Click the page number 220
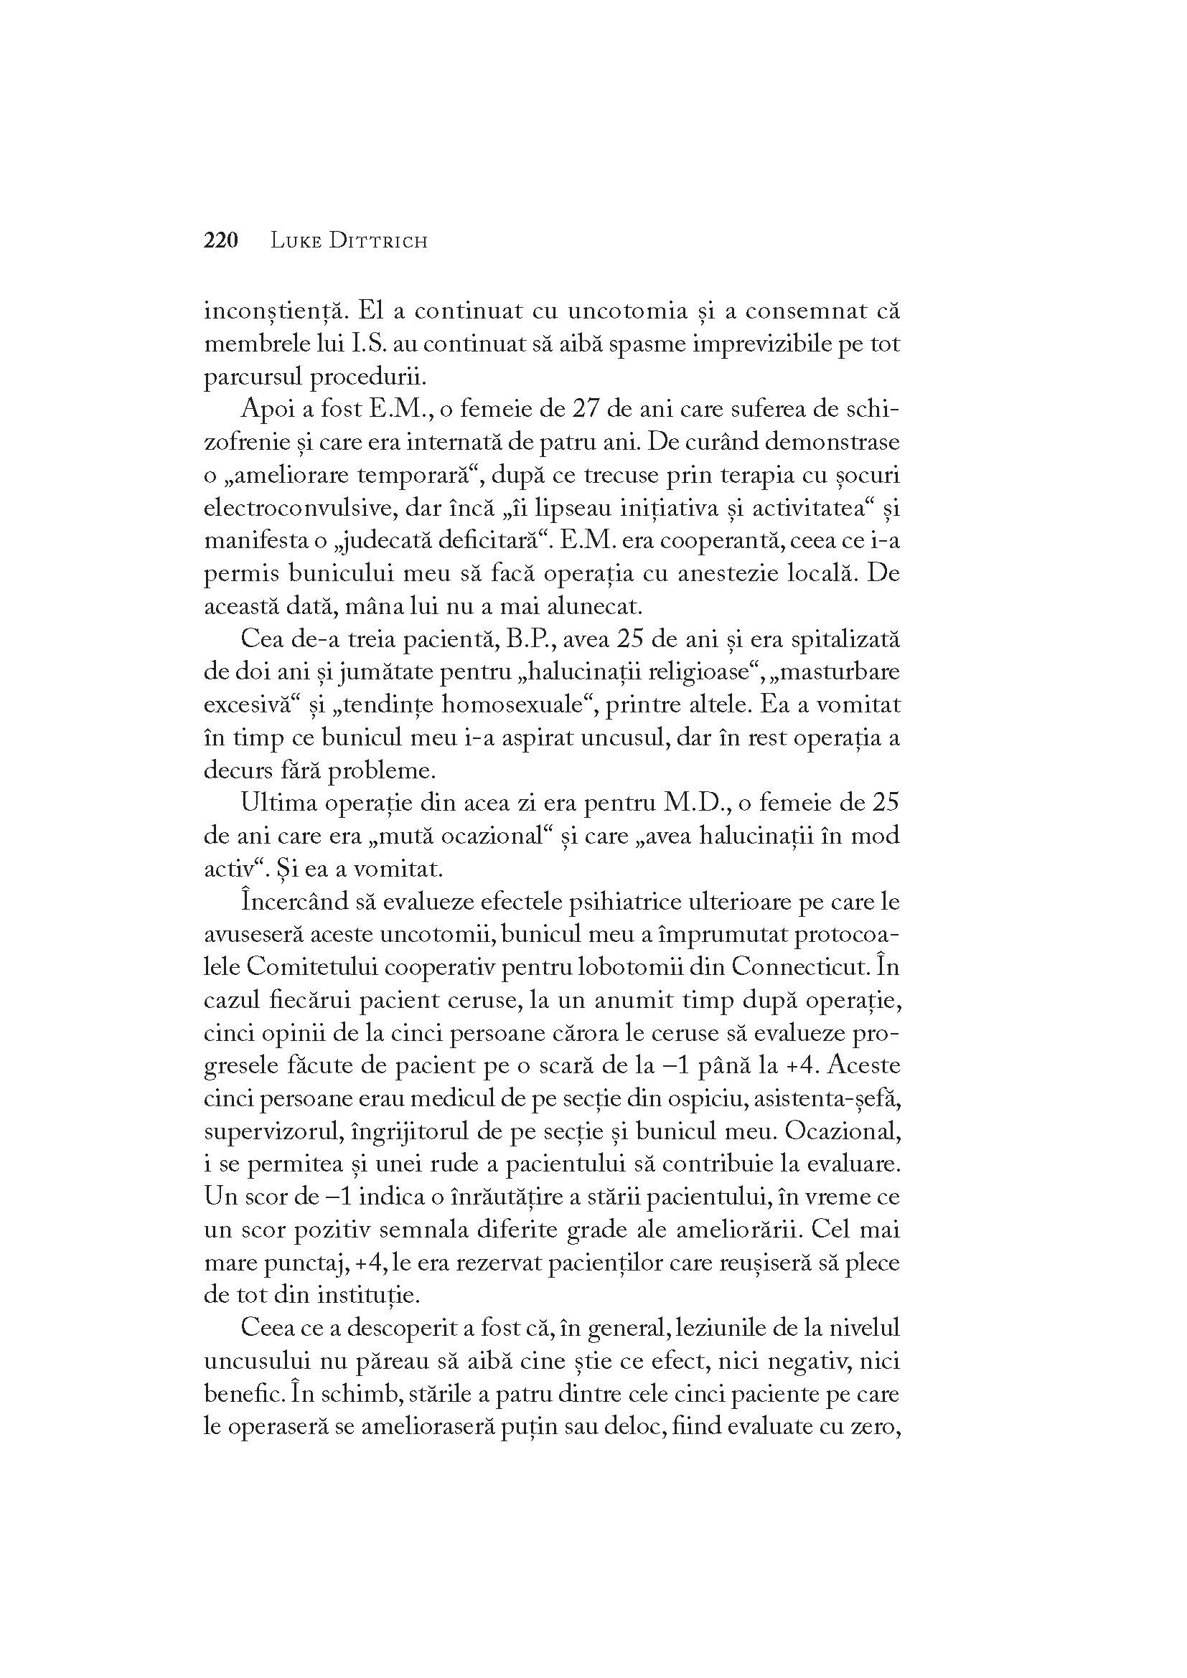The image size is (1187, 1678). tap(222, 240)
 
